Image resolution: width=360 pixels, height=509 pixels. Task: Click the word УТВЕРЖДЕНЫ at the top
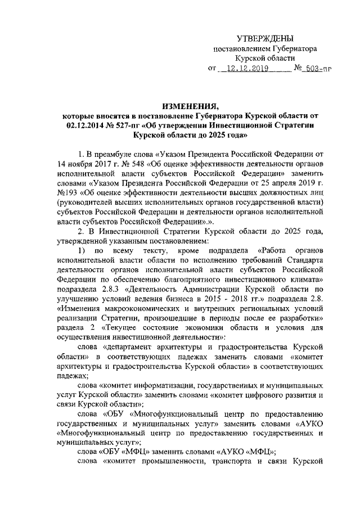265,38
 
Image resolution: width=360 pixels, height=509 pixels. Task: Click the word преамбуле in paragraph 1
120,154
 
